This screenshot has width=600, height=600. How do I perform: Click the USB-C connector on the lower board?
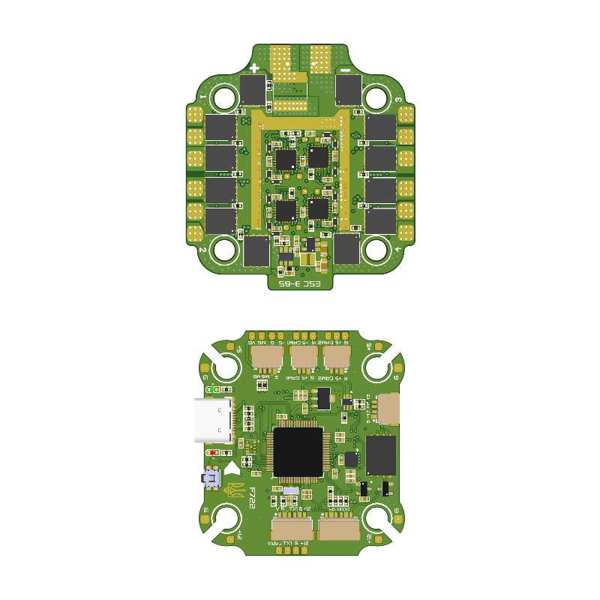[x=214, y=421]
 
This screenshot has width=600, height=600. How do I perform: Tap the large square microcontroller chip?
[x=298, y=452]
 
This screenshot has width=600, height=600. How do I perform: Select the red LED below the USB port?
[x=213, y=452]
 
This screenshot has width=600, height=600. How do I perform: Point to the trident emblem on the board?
[x=233, y=490]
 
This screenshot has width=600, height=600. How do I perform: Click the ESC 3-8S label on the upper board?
[x=300, y=284]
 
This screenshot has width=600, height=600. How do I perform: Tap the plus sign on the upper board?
[x=254, y=67]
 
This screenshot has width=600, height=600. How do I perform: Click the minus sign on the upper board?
[x=346, y=70]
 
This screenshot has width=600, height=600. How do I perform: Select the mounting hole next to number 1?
[x=224, y=97]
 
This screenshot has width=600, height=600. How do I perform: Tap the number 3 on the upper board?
[x=397, y=100]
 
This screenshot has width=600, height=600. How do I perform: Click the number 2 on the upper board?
[x=202, y=250]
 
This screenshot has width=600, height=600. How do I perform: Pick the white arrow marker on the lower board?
[x=232, y=468]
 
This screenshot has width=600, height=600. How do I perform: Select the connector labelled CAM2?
[x=337, y=357]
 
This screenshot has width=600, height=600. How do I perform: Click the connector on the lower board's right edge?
[x=388, y=409]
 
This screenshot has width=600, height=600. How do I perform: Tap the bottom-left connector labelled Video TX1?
[x=292, y=528]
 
